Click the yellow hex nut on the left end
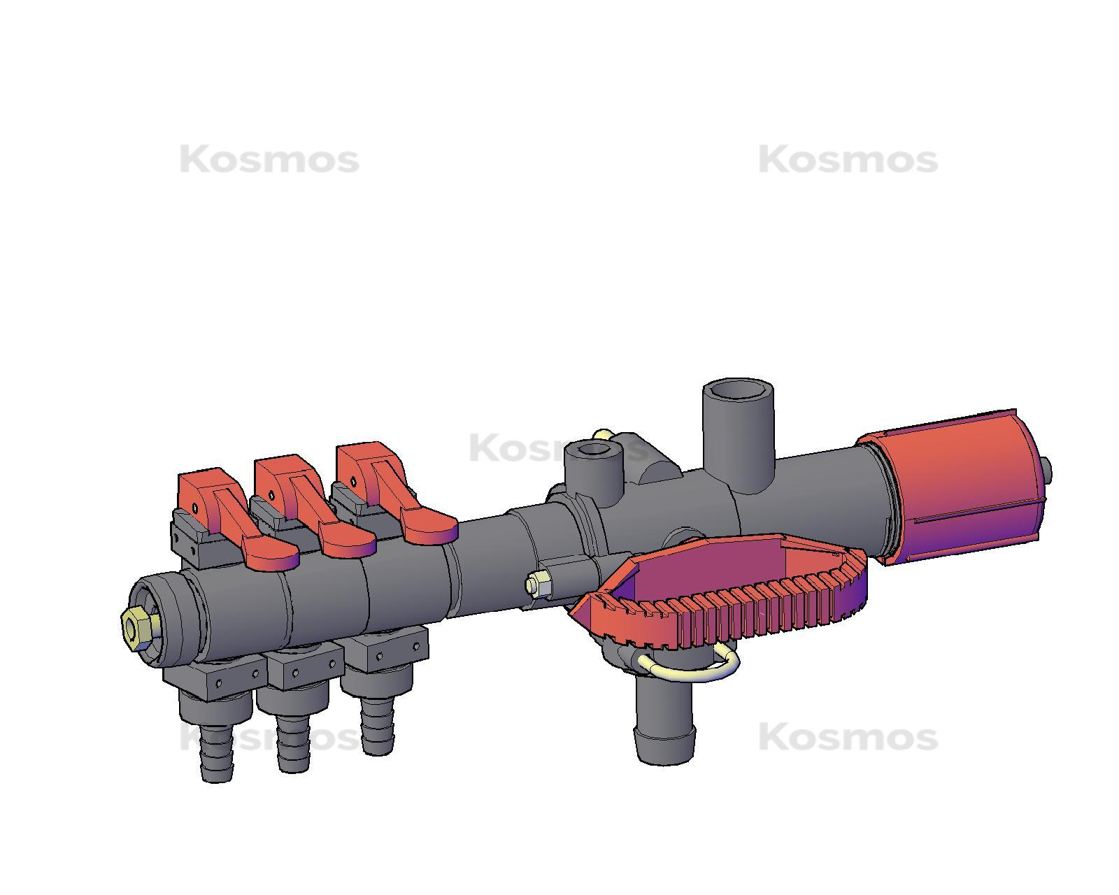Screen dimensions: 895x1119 [x=133, y=624]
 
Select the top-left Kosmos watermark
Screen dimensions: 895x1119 [x=269, y=160]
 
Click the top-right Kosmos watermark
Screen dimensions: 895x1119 [x=848, y=160]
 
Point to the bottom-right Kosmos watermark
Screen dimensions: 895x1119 [x=848, y=737]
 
